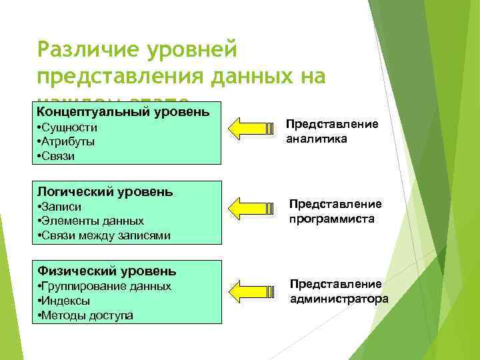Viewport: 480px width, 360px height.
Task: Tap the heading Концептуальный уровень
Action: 123,109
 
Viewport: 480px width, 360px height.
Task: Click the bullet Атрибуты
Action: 66,141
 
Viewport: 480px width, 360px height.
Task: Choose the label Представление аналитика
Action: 332,132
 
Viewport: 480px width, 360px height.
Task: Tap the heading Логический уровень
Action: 105,191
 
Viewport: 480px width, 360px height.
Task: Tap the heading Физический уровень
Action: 107,271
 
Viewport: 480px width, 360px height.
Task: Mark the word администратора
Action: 339,299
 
